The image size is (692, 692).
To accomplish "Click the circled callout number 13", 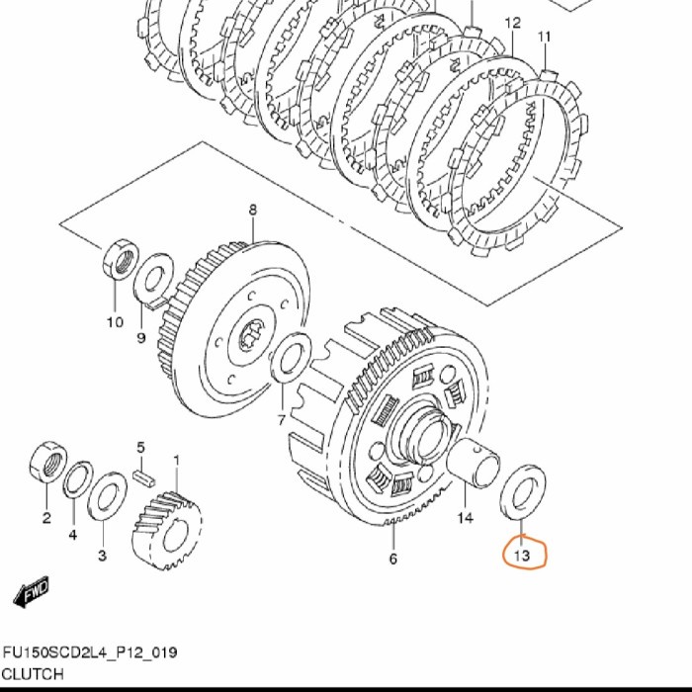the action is (522, 556).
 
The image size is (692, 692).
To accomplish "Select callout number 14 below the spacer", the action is (466, 517).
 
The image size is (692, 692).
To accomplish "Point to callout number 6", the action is (393, 559).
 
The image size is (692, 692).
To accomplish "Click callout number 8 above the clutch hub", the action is (252, 210).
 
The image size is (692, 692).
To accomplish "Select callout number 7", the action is (282, 420).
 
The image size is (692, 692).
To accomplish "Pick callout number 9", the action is (140, 338).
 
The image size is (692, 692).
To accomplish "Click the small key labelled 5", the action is (144, 478).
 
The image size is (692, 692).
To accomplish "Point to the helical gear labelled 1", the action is (167, 531).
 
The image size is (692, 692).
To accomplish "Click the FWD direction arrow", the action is (31, 592).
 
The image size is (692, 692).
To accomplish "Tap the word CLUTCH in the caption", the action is (33, 674).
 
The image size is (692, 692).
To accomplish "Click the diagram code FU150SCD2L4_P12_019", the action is (90, 652).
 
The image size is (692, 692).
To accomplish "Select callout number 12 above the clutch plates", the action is (512, 23).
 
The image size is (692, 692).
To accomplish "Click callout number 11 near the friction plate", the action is (545, 38).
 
